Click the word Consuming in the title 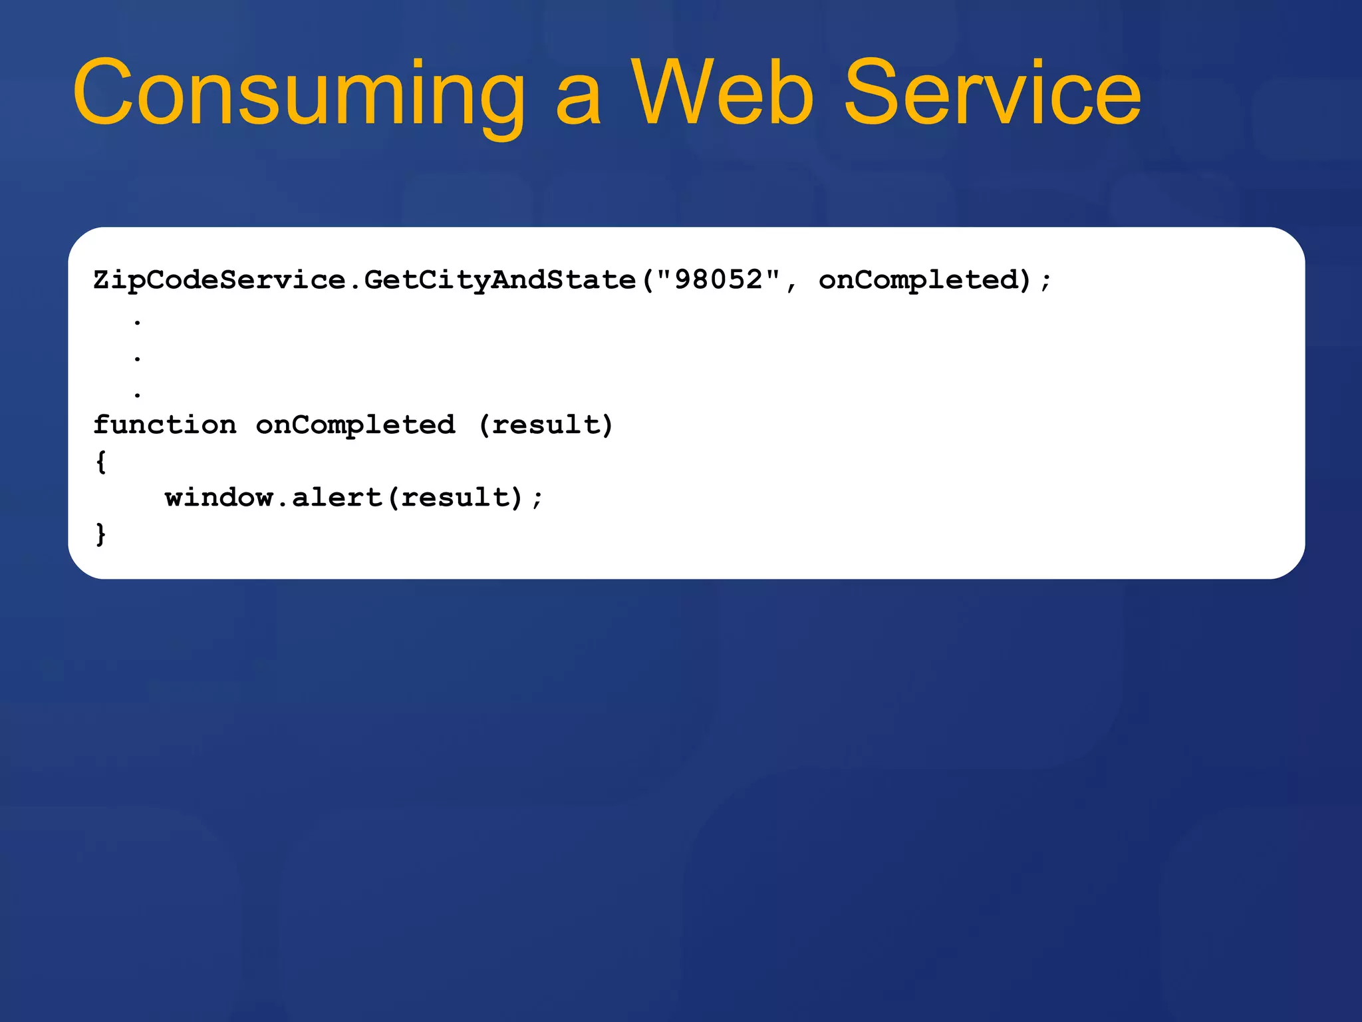[299, 93]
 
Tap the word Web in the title [722, 93]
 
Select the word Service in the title [992, 93]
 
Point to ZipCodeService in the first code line [219, 280]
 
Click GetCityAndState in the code [499, 280]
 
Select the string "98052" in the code [718, 280]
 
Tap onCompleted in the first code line [918, 280]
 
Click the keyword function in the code [164, 425]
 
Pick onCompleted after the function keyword [355, 425]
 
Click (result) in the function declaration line [545, 425]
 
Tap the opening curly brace [101, 462]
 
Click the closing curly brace [101, 534]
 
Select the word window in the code [219, 498]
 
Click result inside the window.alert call [454, 498]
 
